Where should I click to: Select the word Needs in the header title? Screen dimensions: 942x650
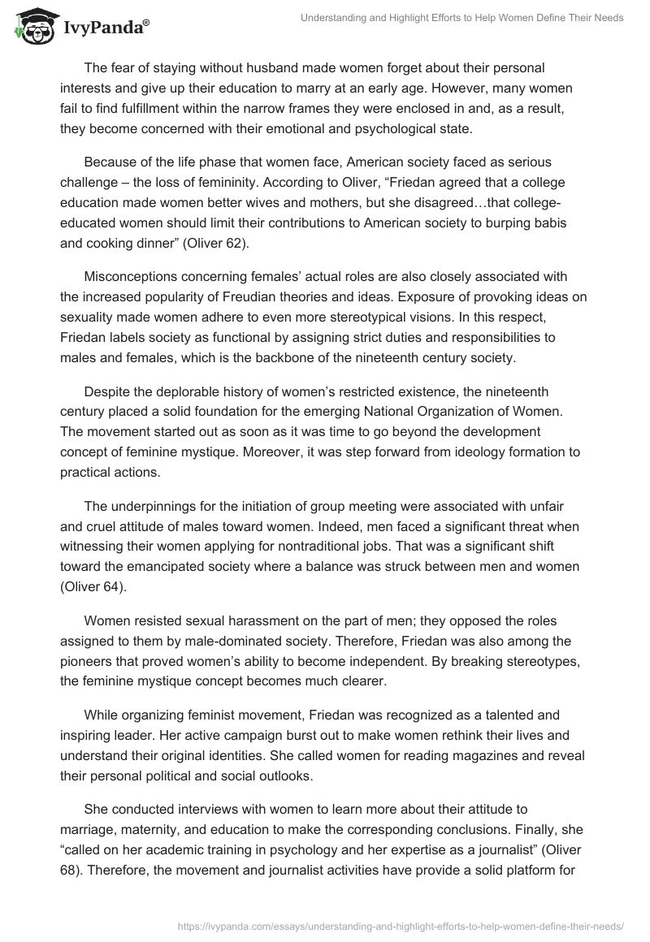[608, 18]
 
